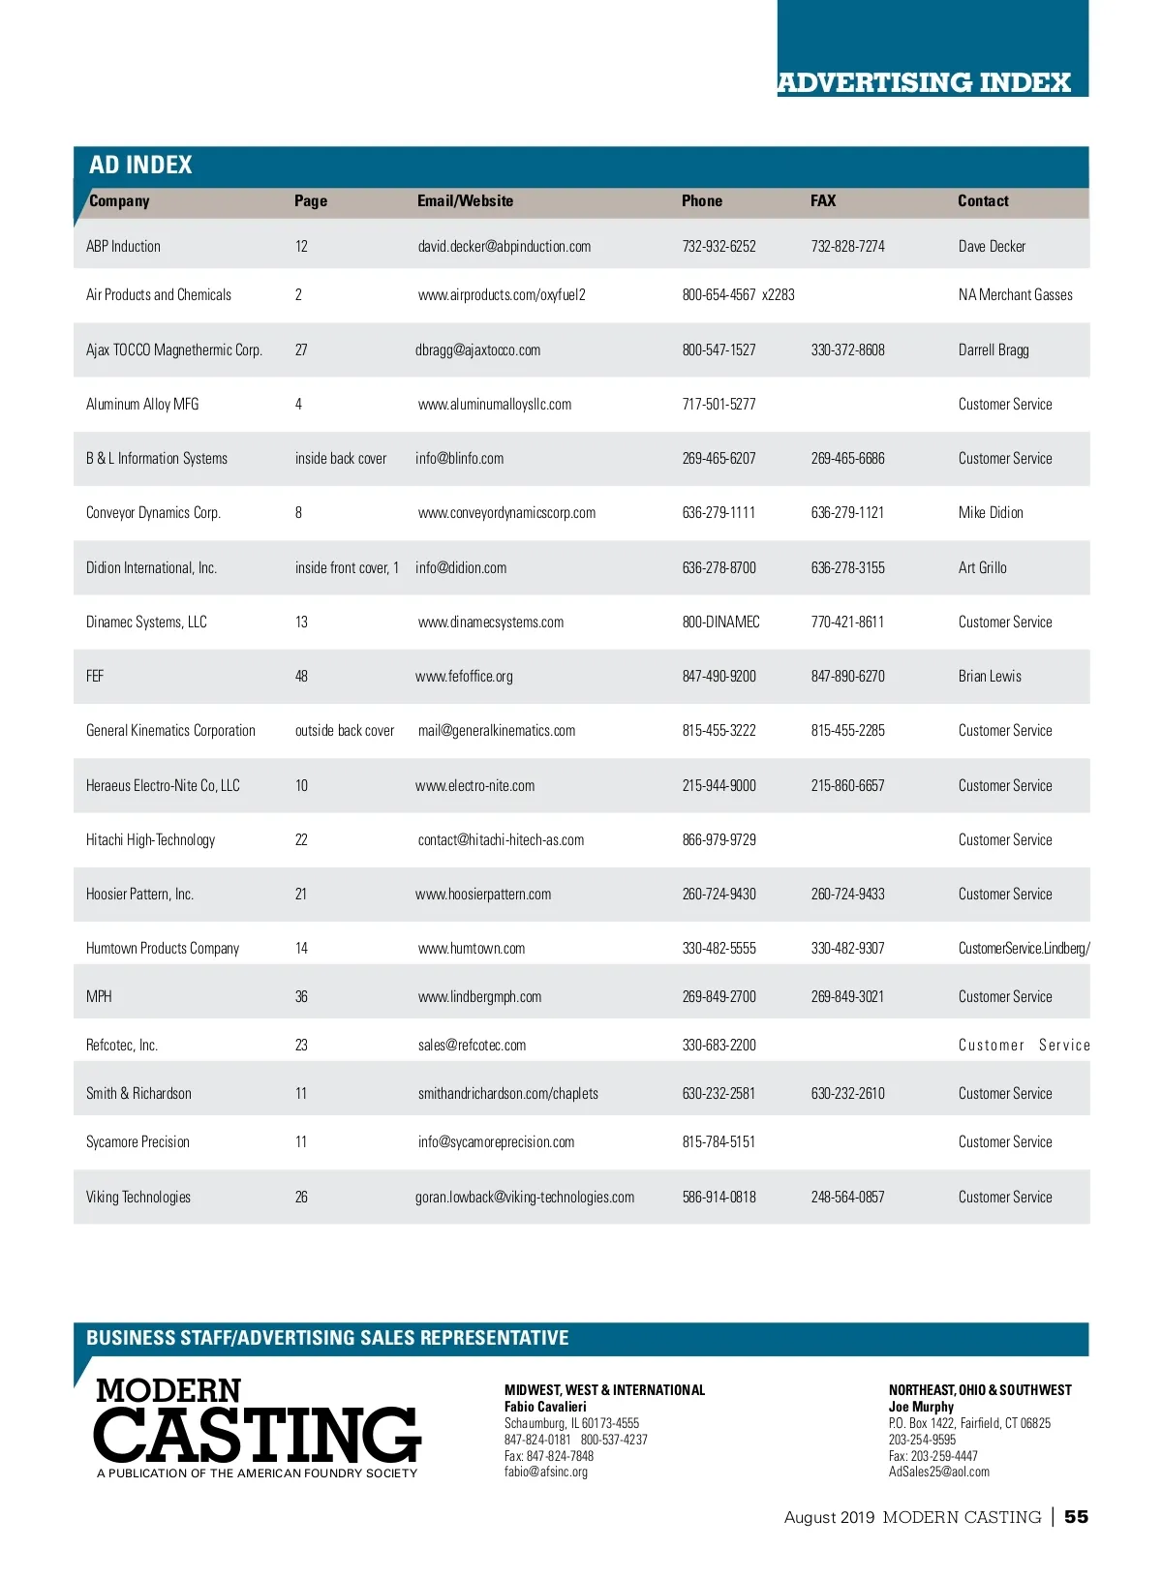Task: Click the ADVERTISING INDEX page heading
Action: click(924, 82)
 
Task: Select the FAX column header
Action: click(823, 201)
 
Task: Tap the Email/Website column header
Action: click(465, 201)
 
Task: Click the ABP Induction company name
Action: click(123, 247)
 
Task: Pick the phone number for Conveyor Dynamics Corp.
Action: click(719, 513)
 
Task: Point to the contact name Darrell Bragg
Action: click(994, 350)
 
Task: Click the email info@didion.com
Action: click(461, 568)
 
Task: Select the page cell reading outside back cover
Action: click(345, 731)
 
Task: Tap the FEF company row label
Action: click(95, 677)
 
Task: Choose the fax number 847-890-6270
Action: click(847, 677)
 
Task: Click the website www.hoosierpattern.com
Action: click(483, 895)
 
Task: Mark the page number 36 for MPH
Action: click(301, 997)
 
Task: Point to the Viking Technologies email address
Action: click(525, 1198)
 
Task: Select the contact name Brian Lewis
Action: click(990, 677)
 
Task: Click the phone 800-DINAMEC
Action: click(720, 622)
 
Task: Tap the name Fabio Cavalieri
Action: click(545, 1407)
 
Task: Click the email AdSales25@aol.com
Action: click(939, 1473)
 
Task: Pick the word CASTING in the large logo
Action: click(258, 1435)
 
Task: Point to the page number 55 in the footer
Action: click(1076, 1517)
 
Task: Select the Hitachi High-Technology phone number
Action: click(719, 840)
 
